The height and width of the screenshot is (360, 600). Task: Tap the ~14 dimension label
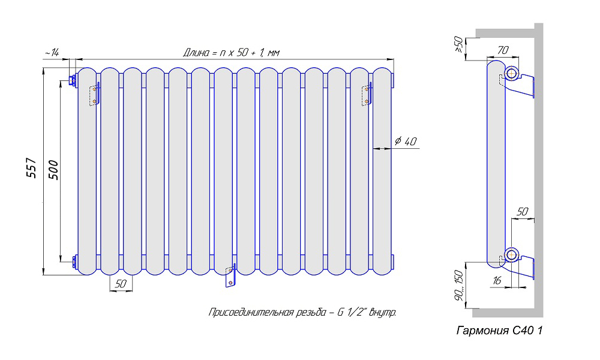point(51,53)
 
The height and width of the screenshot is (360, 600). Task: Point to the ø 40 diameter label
point(406,142)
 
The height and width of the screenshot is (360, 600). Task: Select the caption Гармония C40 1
point(499,331)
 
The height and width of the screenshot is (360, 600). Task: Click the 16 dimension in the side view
point(496,281)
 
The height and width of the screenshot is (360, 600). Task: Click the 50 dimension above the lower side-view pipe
point(522,212)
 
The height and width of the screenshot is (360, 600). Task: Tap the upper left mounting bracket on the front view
point(94,95)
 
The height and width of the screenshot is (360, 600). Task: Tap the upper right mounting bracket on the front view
point(367,95)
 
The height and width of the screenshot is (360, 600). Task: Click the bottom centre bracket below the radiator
point(229,277)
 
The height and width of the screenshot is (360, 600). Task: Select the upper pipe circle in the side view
point(511,74)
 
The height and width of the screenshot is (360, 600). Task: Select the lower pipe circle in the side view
point(511,255)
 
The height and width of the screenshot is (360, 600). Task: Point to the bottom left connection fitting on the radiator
point(74,262)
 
